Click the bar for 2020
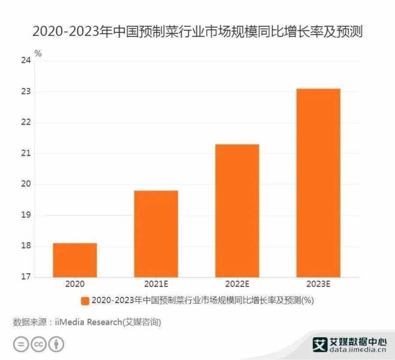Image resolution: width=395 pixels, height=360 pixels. (75, 260)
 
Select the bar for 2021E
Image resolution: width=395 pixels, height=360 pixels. (156, 234)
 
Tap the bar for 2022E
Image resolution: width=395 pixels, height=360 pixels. (237, 210)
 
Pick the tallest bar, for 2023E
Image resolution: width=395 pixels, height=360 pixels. (318, 183)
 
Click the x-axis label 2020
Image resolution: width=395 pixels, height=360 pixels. (75, 285)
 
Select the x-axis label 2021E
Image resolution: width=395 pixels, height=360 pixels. (156, 285)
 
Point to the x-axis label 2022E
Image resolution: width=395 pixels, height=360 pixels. (237, 285)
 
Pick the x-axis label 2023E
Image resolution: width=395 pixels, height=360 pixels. (318, 285)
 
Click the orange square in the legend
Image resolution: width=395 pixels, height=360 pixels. (85, 300)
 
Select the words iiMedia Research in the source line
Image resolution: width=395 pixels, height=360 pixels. (89, 322)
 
